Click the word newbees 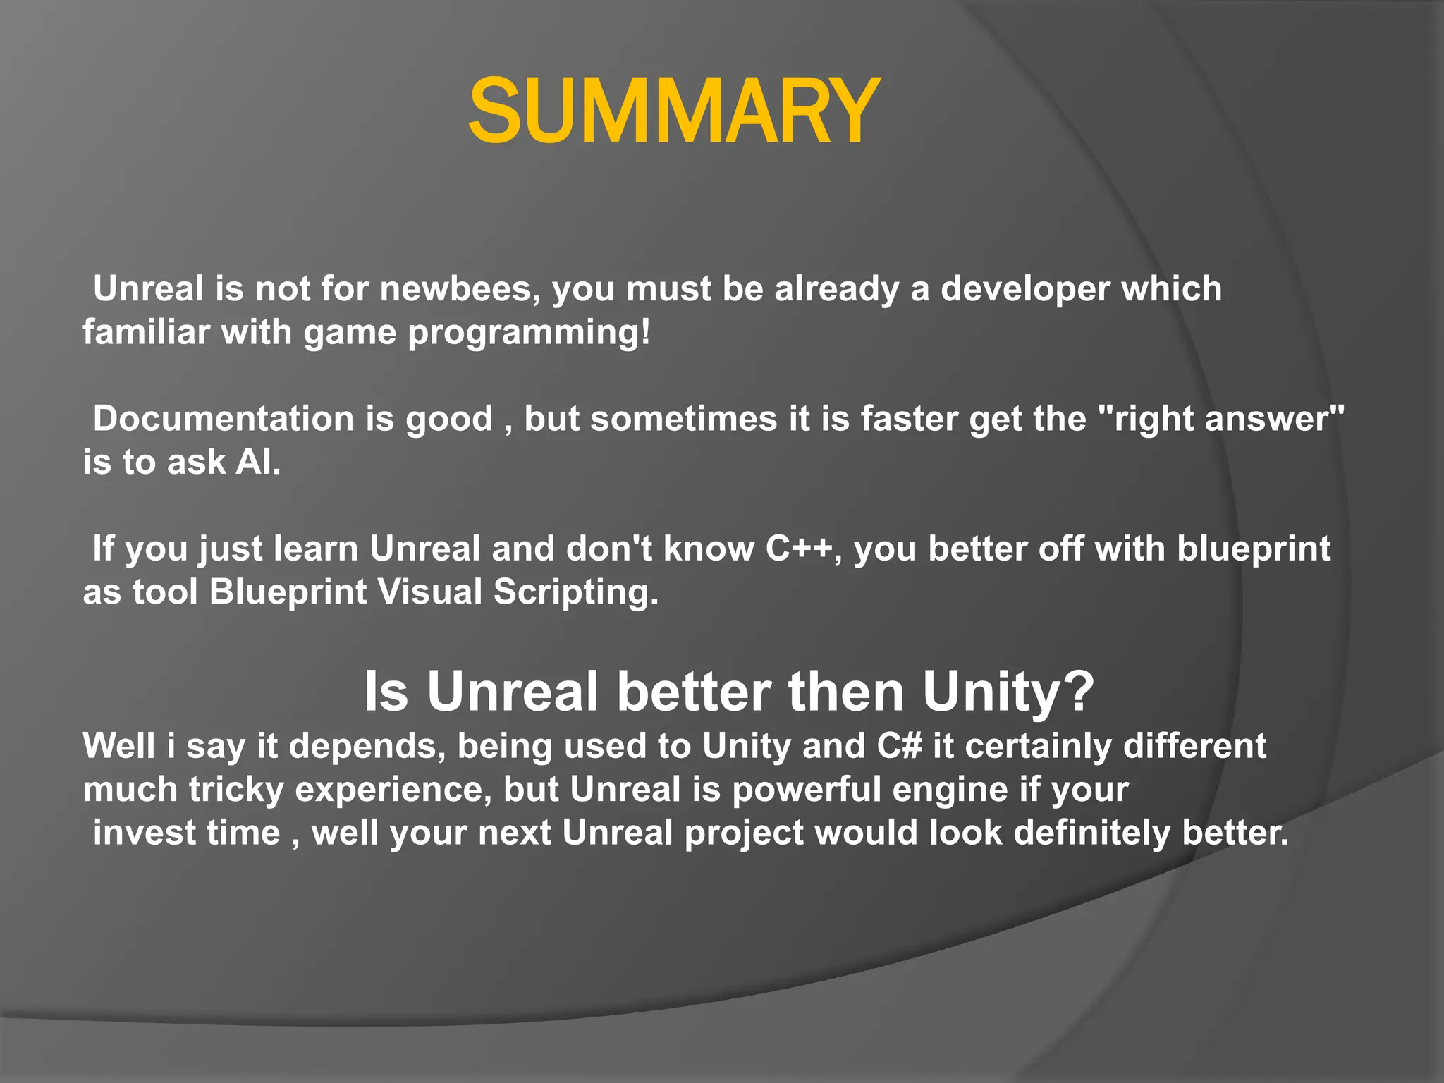460,289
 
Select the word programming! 529,333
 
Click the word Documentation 224,419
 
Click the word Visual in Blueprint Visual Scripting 430,592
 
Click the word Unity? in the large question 1008,692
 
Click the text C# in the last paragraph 899,747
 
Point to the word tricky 236,790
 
